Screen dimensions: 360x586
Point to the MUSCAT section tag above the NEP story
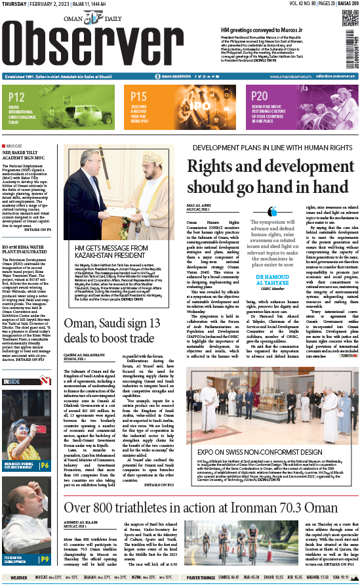[14, 144]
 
